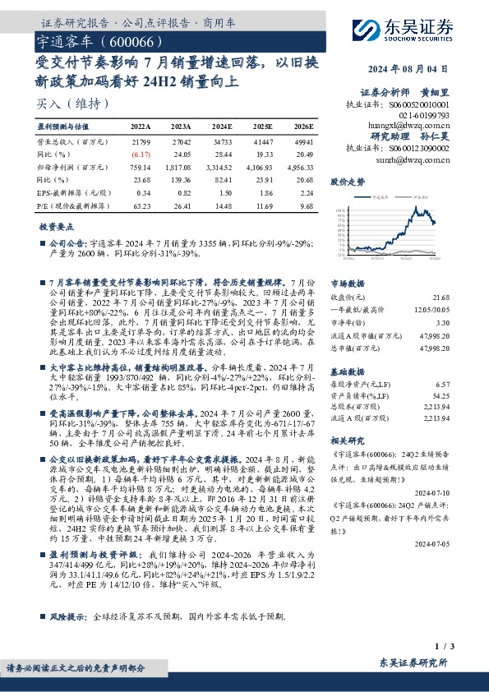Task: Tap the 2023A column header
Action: [182, 127]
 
